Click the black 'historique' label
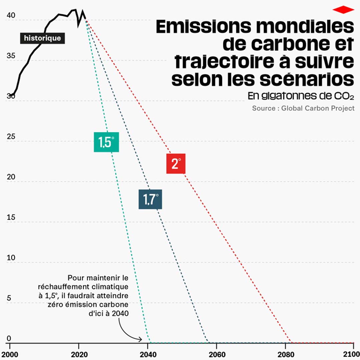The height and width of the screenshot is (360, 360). pyautogui.click(x=42, y=38)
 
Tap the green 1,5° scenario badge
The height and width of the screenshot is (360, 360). pyautogui.click(x=106, y=142)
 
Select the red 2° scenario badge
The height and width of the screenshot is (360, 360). pyautogui.click(x=176, y=164)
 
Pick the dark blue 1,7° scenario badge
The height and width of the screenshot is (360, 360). pyautogui.click(x=150, y=199)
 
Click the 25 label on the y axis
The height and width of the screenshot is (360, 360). pyautogui.click(x=11, y=137)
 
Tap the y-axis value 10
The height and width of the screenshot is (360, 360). pyautogui.click(x=11, y=258)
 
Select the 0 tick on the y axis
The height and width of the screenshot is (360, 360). pyautogui.click(x=9, y=339)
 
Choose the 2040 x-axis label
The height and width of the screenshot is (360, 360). pyautogui.click(x=148, y=354)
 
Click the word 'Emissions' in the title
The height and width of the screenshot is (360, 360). pyautogui.click(x=203, y=27)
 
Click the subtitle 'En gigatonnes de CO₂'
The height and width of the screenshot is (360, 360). pyautogui.click(x=301, y=96)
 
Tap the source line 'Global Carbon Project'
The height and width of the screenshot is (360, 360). pyautogui.click(x=318, y=108)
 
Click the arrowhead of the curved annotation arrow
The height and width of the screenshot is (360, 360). pyautogui.click(x=141, y=340)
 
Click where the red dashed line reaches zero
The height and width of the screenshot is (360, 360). pyautogui.click(x=291, y=342)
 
